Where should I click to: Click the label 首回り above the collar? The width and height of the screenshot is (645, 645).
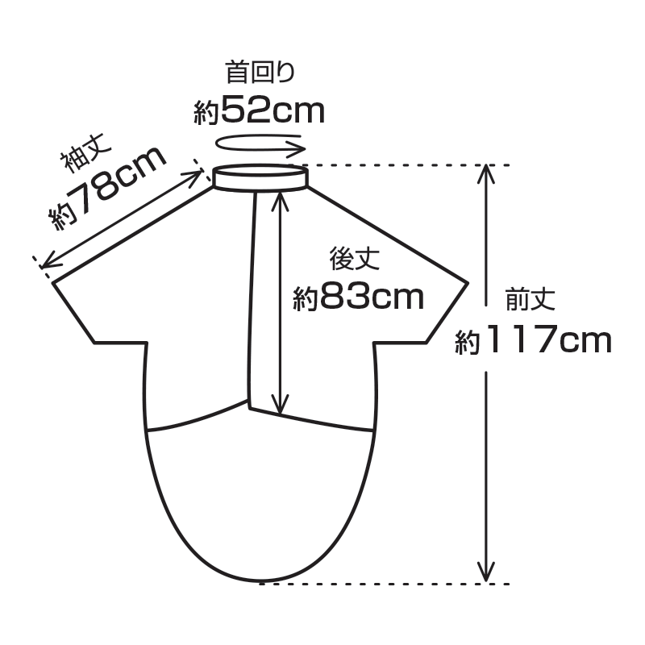pos(260,72)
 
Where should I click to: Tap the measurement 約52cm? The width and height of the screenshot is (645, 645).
pos(259,110)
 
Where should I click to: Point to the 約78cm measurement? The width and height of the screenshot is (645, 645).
pos(108,188)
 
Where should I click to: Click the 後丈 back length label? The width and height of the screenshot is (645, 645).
pos(354,259)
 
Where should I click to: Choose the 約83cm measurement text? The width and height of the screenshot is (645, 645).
pos(358,297)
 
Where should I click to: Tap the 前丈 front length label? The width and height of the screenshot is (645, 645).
pos(531,299)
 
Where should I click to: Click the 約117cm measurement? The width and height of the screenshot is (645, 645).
pos(534,339)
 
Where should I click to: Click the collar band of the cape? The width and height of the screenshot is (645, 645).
pos(260,177)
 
